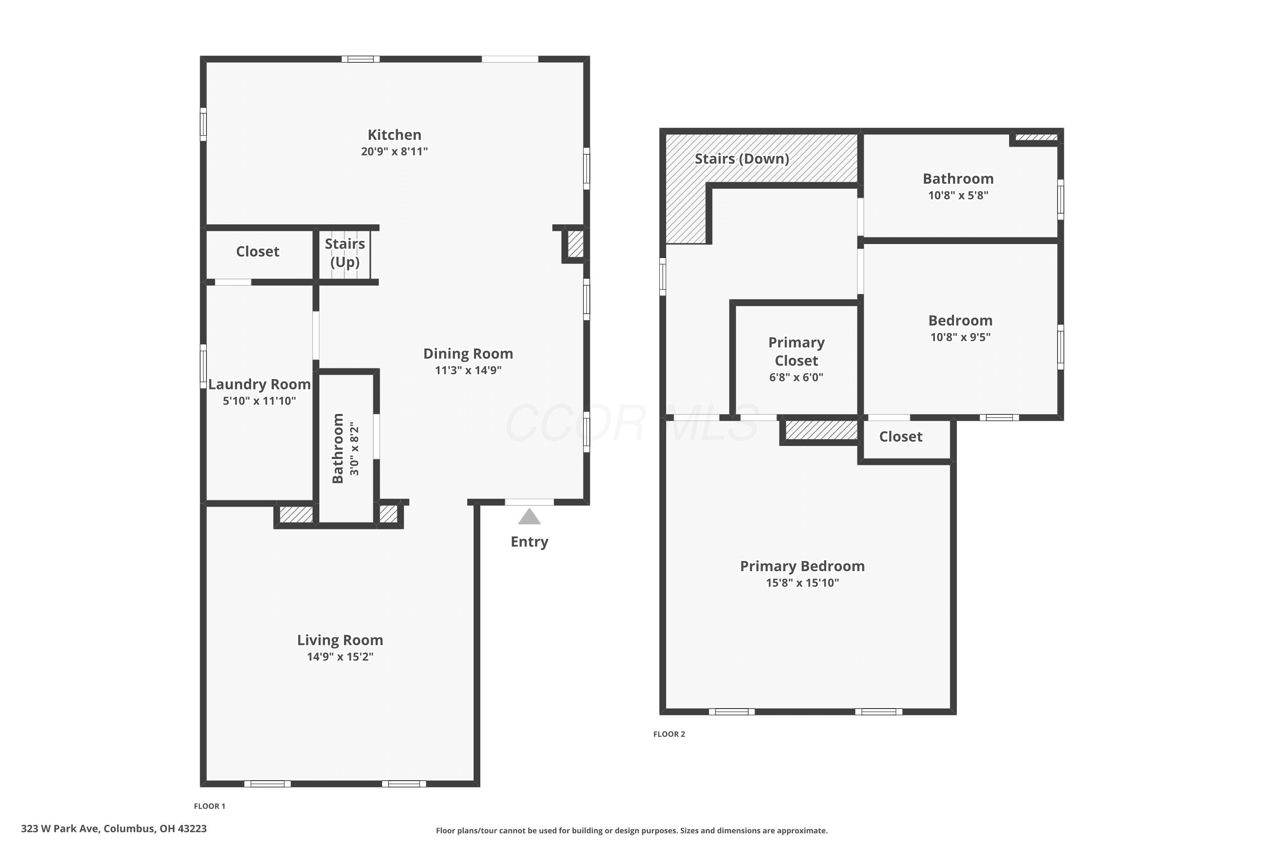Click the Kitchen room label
pyautogui.click(x=394, y=134)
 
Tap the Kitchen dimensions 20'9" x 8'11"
pyautogui.click(x=394, y=151)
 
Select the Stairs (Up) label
pyautogui.click(x=345, y=252)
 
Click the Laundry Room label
pyautogui.click(x=259, y=384)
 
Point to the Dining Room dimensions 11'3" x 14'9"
pyautogui.click(x=468, y=370)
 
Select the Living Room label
pyautogui.click(x=340, y=640)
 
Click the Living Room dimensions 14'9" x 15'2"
pyautogui.click(x=340, y=656)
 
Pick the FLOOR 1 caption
pyautogui.click(x=209, y=806)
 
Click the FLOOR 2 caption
pyautogui.click(x=669, y=734)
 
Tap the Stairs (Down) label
pyautogui.click(x=742, y=158)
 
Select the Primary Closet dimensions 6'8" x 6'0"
pyautogui.click(x=796, y=377)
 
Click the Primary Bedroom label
pyautogui.click(x=802, y=566)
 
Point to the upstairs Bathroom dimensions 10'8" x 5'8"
pyautogui.click(x=958, y=195)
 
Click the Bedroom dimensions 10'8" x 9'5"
pyautogui.click(x=960, y=337)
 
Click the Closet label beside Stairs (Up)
pyautogui.click(x=257, y=251)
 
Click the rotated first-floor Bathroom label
pyautogui.click(x=337, y=448)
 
